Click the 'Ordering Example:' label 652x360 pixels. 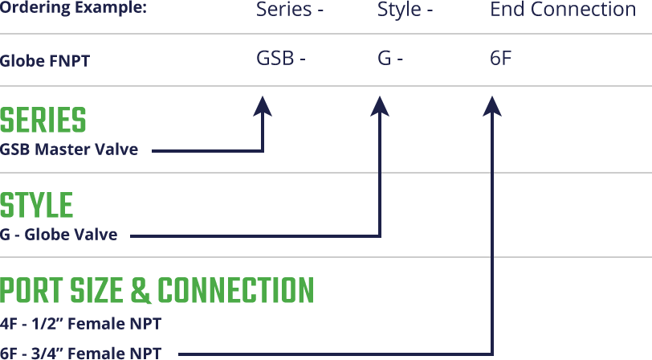(73, 9)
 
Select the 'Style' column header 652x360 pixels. (401, 10)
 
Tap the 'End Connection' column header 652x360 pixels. (562, 10)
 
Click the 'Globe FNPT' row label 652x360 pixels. (46, 60)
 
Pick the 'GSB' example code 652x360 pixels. (276, 59)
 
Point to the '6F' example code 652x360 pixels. (500, 59)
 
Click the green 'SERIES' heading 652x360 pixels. (43, 121)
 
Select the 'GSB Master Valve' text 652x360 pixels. (69, 149)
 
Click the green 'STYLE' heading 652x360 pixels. (37, 206)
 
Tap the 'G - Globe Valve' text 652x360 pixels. (59, 234)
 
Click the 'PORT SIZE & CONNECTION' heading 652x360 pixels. (157, 291)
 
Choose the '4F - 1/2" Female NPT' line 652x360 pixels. (81, 324)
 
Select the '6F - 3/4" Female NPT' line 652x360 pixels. (81, 352)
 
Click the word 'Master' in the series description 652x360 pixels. (66, 149)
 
